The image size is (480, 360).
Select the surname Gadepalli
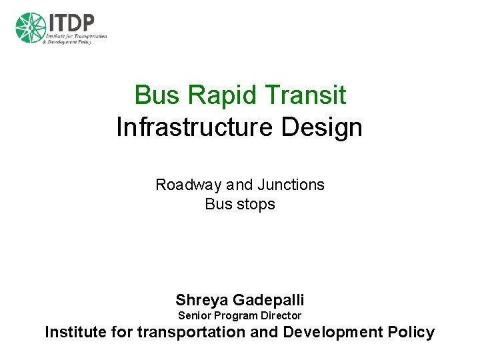point(267,300)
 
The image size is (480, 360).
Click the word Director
point(281,316)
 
